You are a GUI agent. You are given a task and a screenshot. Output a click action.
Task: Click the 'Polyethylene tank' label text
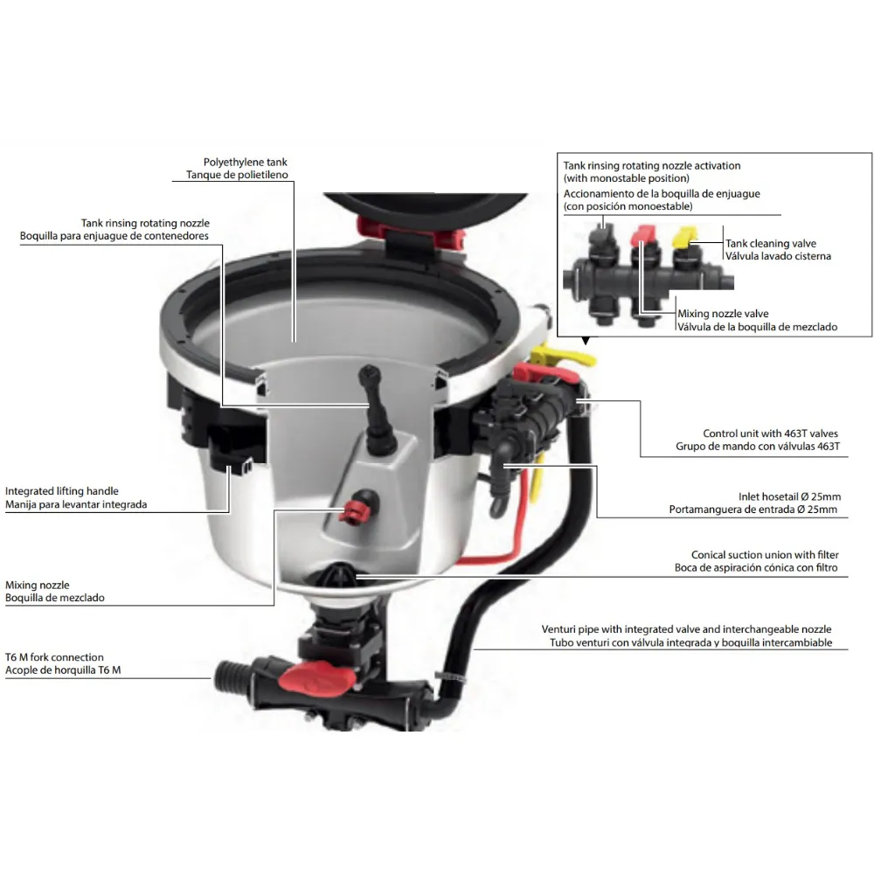coord(246,163)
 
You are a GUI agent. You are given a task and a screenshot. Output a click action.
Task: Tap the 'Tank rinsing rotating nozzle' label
coord(145,223)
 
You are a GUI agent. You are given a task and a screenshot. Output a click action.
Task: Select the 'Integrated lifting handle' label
coord(62,491)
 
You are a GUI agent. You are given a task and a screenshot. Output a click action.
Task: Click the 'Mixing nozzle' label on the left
coord(38,586)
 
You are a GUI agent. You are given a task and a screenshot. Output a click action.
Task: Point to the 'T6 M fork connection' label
coord(54,657)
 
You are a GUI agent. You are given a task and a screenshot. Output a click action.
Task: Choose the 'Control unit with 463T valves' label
coord(770,434)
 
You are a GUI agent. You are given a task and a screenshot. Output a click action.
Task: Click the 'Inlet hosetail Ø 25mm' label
coord(789,496)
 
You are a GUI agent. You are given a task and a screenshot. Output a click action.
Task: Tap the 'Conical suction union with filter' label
coord(765,555)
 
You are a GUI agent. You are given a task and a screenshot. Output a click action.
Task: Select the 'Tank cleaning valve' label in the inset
coord(770,243)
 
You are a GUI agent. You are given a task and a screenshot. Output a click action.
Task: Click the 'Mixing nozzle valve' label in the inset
coord(723,313)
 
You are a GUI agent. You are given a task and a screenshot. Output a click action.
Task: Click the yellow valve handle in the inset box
coord(684,237)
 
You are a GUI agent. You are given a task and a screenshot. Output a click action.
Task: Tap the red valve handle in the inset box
coord(643,234)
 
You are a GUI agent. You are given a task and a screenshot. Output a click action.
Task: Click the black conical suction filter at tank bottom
coord(336,574)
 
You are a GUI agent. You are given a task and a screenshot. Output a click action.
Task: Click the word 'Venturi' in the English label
coord(558,628)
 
